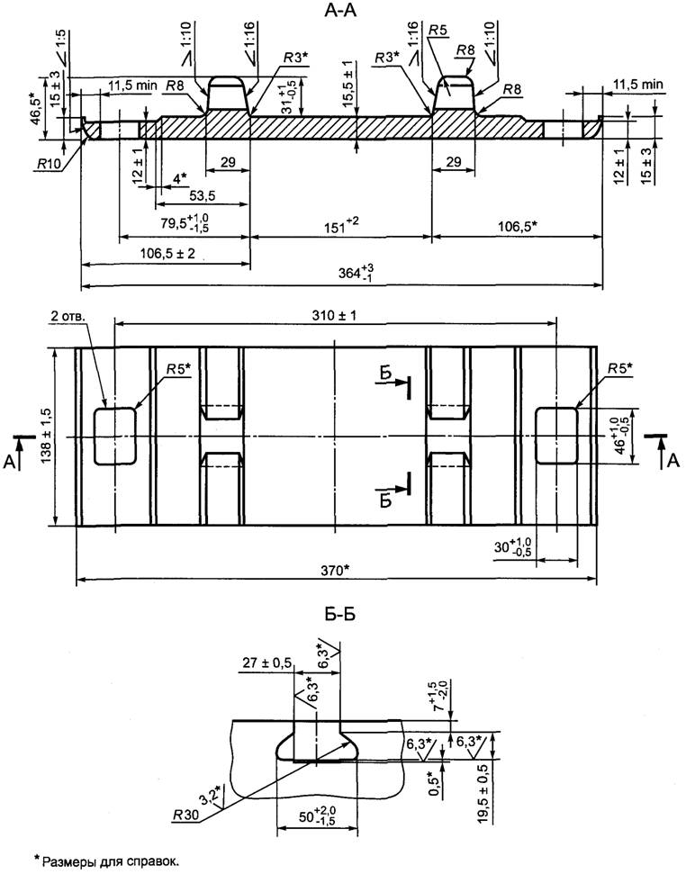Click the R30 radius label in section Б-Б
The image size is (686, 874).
(x=185, y=815)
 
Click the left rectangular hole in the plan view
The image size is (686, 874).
(x=116, y=436)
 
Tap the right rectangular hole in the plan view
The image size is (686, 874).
(x=556, y=436)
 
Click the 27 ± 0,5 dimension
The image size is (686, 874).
(x=267, y=663)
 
